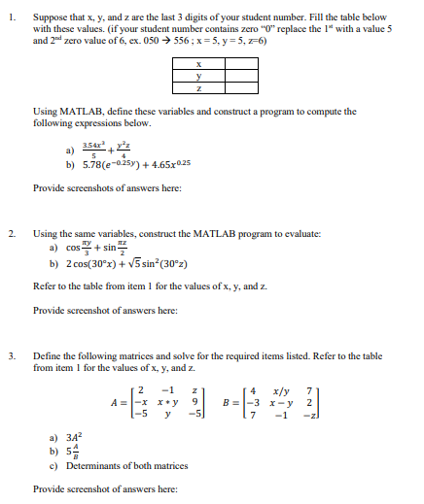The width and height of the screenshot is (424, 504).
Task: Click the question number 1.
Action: [10, 17]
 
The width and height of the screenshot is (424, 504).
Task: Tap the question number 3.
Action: [10, 356]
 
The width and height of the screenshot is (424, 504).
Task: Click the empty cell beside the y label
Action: [242, 79]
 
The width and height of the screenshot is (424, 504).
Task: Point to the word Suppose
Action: [51, 17]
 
